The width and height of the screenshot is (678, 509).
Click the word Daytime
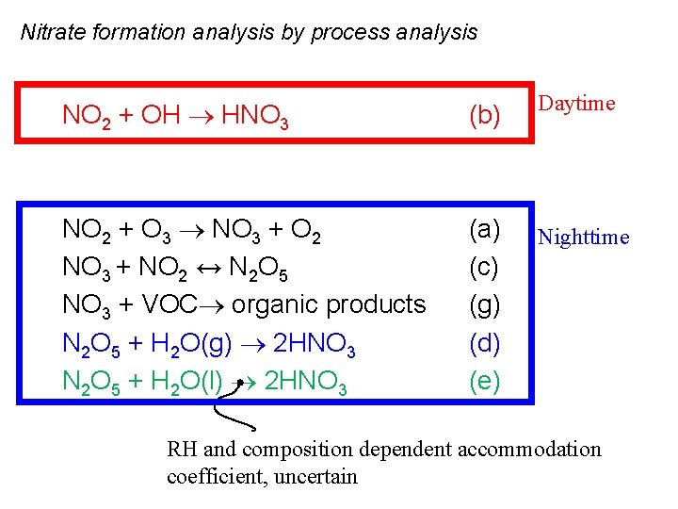coord(576,104)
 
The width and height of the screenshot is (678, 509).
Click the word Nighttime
coord(583,238)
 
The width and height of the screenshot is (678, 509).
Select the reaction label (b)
coord(484,116)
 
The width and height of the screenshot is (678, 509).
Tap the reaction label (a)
coord(484,229)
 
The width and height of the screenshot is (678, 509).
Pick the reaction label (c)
coord(484,268)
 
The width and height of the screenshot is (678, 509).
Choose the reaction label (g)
coord(484,305)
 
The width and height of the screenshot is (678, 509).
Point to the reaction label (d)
coord(484,344)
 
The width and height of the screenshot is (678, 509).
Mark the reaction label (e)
coord(484,383)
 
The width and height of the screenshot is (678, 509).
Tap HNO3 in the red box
coord(254,117)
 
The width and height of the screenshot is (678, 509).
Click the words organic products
coord(329,305)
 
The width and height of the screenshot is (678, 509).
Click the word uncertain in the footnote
coord(314,476)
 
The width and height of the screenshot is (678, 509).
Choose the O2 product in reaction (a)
coord(308,230)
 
